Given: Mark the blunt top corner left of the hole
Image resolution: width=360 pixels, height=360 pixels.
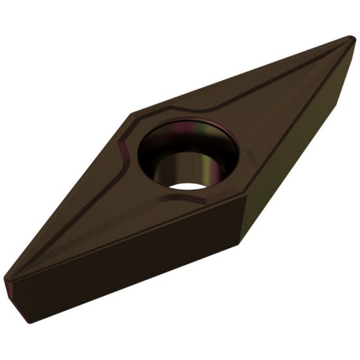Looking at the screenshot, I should coord(132,117).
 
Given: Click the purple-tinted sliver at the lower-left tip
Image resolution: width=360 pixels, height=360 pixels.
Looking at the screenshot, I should coord(16,291).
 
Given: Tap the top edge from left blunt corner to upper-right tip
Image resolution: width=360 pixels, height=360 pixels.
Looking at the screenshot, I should coord(242,75).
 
